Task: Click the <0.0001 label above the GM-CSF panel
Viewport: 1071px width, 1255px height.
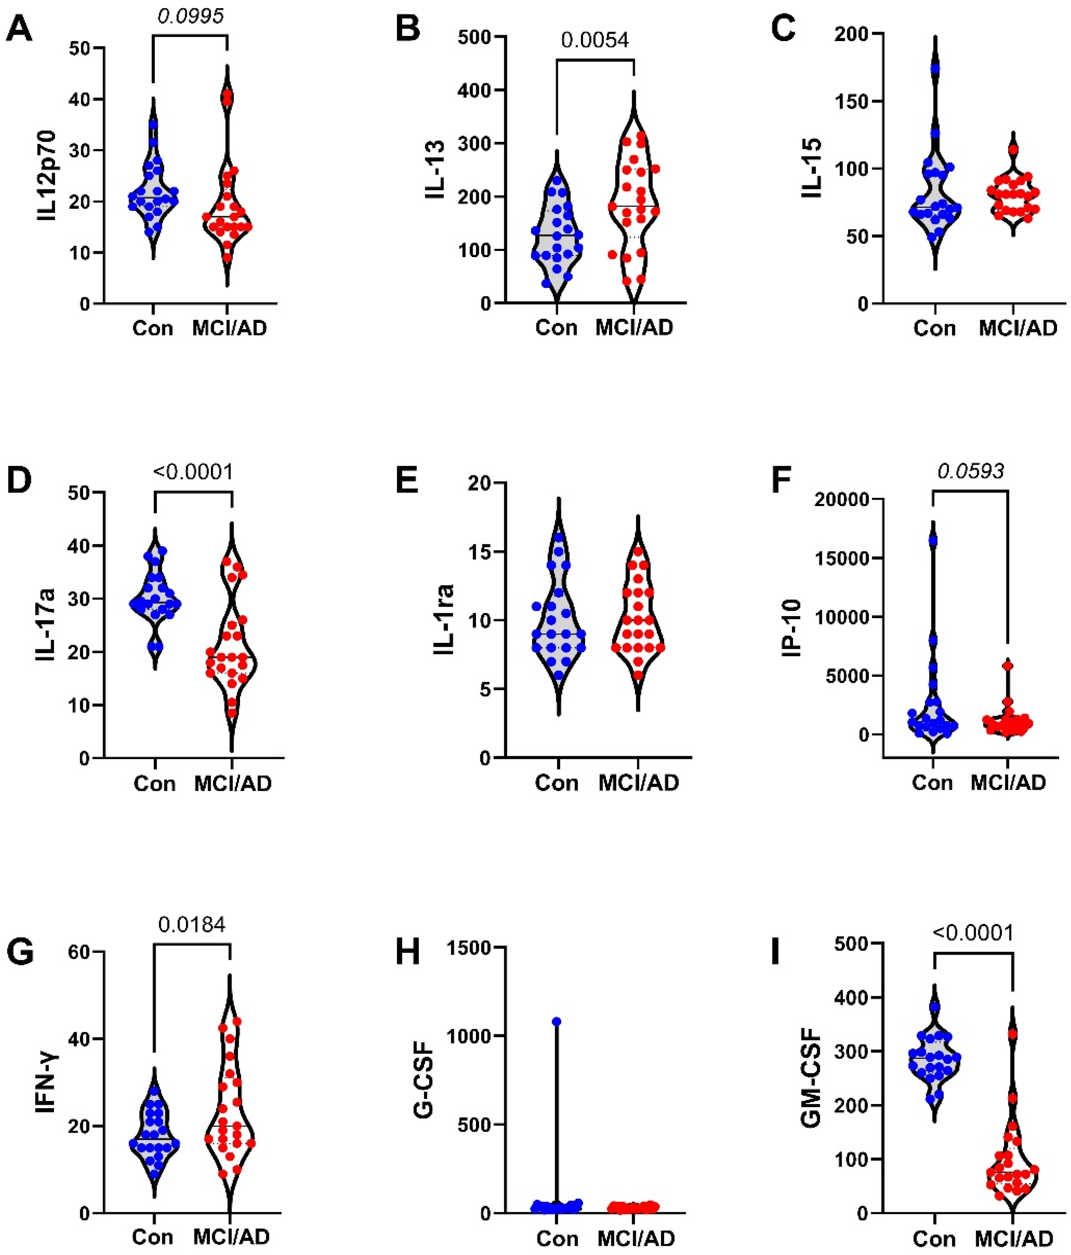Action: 972,932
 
